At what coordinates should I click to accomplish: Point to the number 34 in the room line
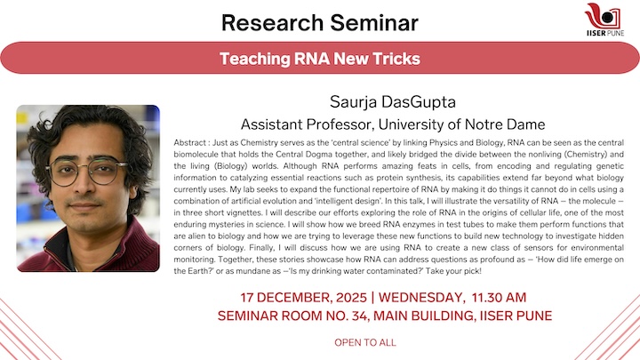pos(356,315)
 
